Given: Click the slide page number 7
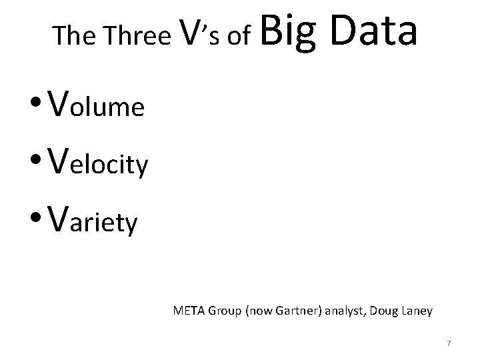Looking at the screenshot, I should (449, 343).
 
